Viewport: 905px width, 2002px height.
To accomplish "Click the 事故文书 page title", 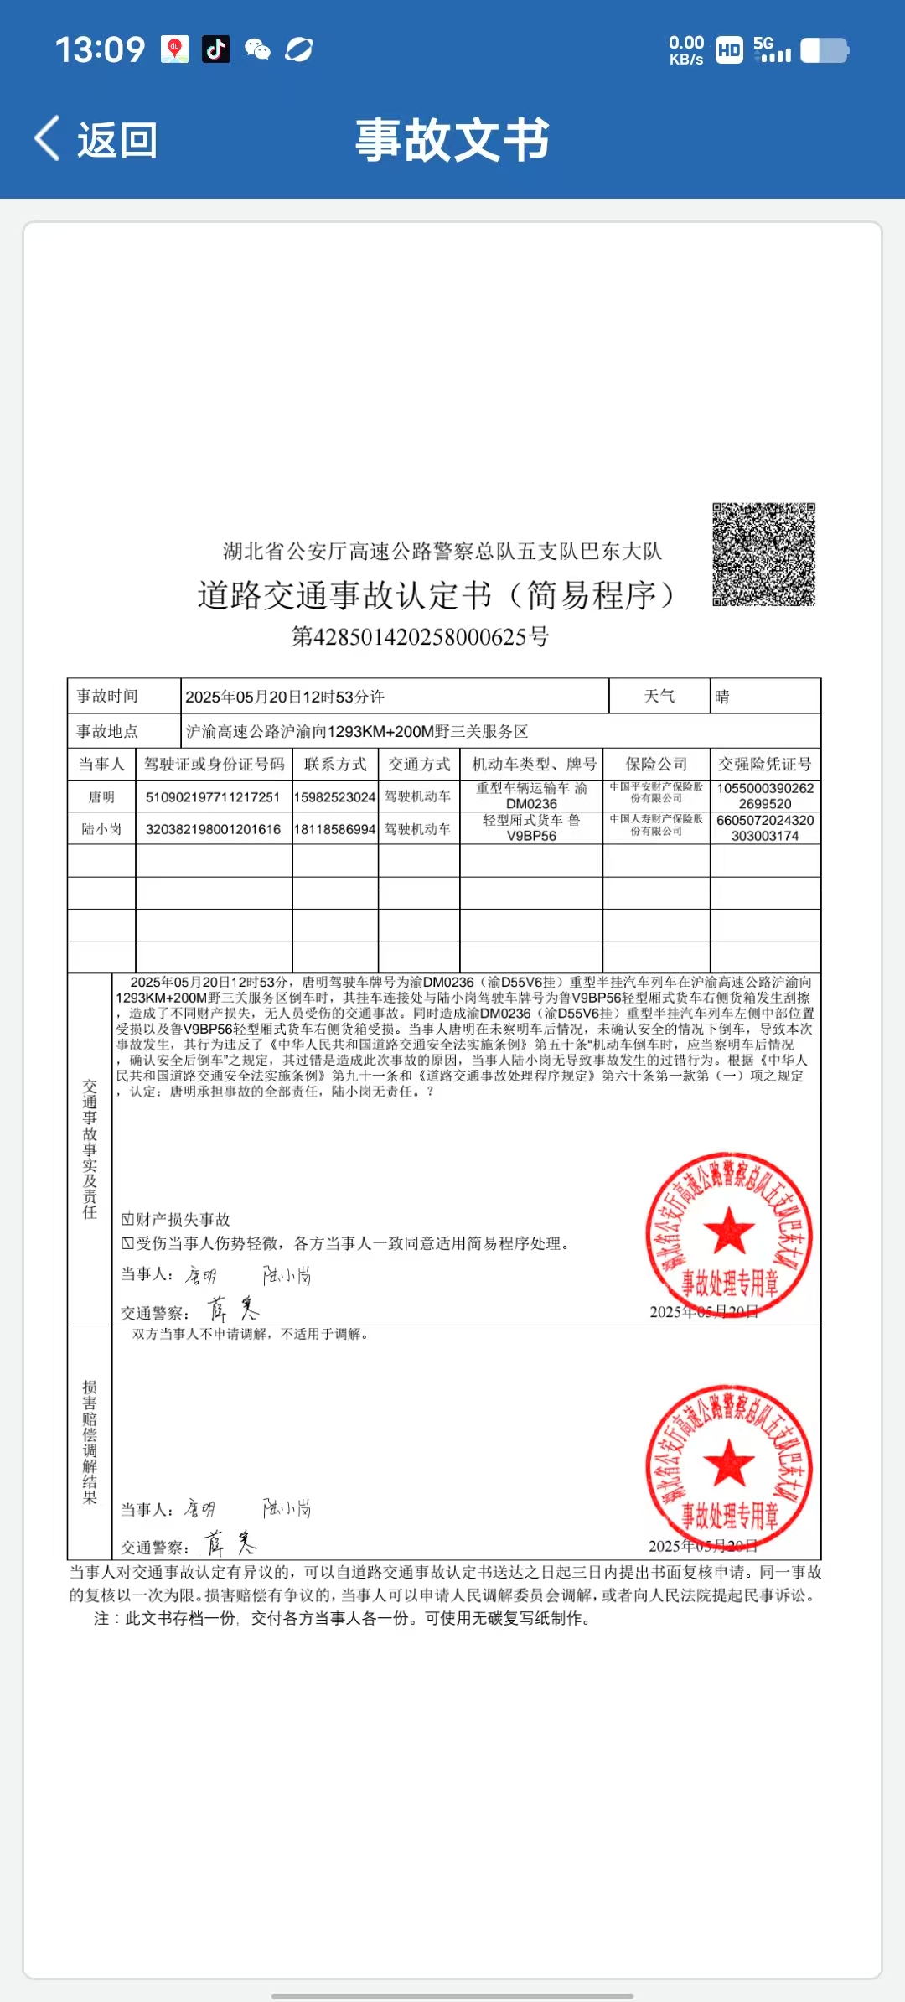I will (x=452, y=139).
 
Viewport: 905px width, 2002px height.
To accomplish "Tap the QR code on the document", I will (x=763, y=554).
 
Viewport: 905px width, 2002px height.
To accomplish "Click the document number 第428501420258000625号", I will (x=420, y=637).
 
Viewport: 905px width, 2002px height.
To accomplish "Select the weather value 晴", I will (x=722, y=697).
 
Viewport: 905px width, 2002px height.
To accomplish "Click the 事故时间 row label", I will (x=107, y=697).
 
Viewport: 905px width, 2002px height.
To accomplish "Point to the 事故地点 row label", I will (x=107, y=731).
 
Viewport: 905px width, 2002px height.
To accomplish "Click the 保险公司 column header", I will (x=656, y=764).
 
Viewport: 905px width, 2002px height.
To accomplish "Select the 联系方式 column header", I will (x=335, y=764).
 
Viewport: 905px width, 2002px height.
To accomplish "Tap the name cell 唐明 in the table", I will (x=101, y=796).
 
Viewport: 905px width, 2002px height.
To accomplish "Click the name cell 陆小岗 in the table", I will (x=101, y=829).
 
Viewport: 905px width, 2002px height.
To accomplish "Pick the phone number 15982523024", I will (x=335, y=797).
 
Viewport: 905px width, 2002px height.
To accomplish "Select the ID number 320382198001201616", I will (x=213, y=829).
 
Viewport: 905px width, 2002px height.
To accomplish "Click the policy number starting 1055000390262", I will (x=765, y=796).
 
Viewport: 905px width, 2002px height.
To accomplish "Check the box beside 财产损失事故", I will (x=127, y=1219).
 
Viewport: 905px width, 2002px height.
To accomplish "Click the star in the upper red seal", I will (x=729, y=1230).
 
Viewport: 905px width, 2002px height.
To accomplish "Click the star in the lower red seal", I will (x=729, y=1462).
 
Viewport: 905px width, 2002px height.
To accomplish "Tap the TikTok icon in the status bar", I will (x=215, y=49).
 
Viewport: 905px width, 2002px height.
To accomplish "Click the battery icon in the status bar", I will (x=825, y=50).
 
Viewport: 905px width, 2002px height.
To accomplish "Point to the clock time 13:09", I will (x=100, y=49).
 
